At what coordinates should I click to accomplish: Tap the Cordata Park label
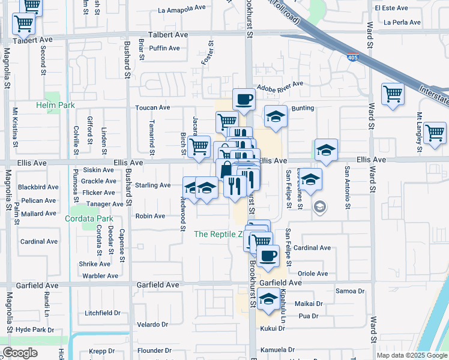89,219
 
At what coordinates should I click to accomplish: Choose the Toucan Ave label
152,107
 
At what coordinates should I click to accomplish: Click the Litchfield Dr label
103,313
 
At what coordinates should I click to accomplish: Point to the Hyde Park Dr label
35,330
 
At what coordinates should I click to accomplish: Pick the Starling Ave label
152,185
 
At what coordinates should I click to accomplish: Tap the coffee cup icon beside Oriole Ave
269,255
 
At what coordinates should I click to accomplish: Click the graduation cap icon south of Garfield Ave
269,297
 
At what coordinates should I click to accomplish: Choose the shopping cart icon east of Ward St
393,93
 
